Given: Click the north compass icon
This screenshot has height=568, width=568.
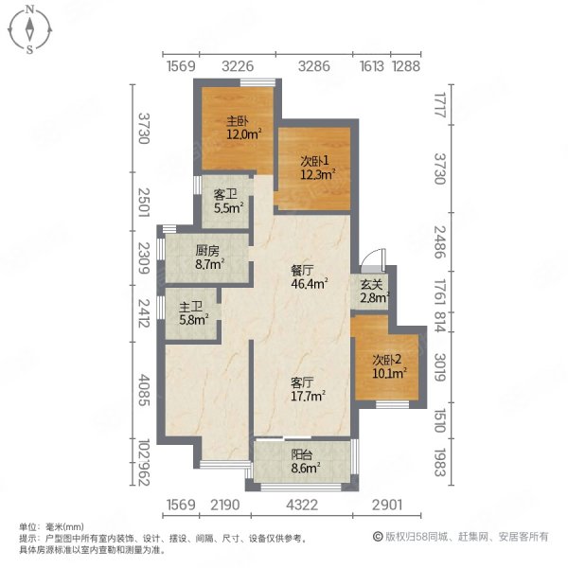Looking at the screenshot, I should tap(31, 29).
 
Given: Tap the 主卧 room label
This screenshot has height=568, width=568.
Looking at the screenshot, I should tap(237, 121).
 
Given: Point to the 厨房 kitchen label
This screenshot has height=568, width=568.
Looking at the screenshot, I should tap(208, 251).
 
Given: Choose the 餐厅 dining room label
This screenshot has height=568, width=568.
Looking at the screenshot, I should tap(302, 268).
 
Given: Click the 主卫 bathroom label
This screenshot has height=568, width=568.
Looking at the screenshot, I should tap(191, 307).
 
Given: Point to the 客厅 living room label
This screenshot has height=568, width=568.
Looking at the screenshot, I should tap(302, 382).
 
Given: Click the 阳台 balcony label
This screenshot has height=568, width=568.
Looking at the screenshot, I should tap(303, 453).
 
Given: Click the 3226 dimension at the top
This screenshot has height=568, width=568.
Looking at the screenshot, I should tap(238, 66).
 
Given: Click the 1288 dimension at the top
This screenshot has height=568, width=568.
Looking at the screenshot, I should tap(406, 66).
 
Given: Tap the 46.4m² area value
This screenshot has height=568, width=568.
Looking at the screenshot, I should tap(309, 281).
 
